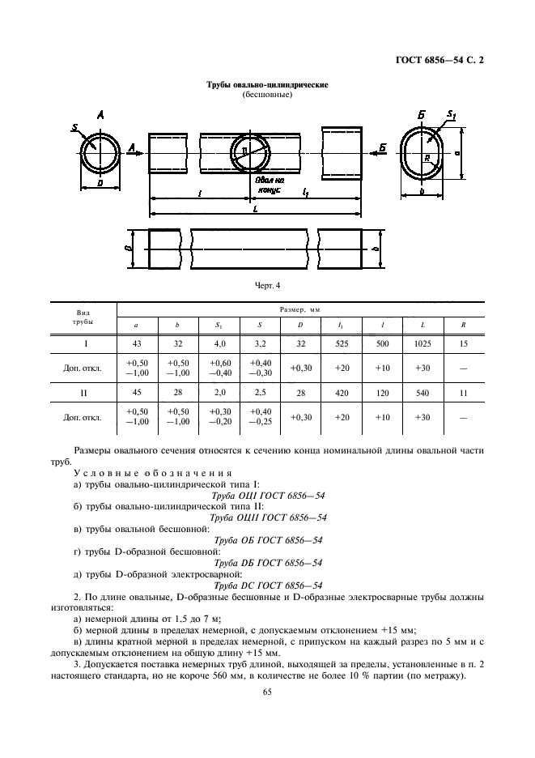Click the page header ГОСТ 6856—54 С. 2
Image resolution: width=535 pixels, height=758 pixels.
click(439, 61)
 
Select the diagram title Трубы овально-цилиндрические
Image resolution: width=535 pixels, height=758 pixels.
click(267, 84)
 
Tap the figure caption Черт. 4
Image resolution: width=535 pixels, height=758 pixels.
click(267, 285)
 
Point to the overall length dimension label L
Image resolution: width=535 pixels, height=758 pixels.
click(255, 209)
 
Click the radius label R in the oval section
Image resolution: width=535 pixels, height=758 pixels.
click(427, 158)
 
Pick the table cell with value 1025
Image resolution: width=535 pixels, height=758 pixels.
click(422, 343)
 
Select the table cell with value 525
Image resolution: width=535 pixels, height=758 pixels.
click(342, 343)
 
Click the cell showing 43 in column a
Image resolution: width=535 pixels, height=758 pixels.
click(137, 343)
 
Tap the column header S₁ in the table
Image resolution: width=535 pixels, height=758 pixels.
click(219, 326)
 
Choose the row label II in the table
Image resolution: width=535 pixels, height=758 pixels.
click(83, 393)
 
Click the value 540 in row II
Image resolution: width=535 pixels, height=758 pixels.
click(422, 393)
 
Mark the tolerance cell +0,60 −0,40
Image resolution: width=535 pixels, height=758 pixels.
click(220, 368)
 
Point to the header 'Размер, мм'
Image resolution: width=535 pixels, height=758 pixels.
click(300, 309)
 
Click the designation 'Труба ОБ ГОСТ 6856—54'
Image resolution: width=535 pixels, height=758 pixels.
click(268, 540)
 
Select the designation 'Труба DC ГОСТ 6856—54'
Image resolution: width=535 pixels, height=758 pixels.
click(268, 586)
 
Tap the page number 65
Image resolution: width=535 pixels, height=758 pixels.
click(267, 692)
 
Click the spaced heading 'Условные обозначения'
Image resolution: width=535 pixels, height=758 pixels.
click(153, 473)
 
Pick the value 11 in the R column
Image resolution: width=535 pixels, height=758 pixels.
click(464, 393)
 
